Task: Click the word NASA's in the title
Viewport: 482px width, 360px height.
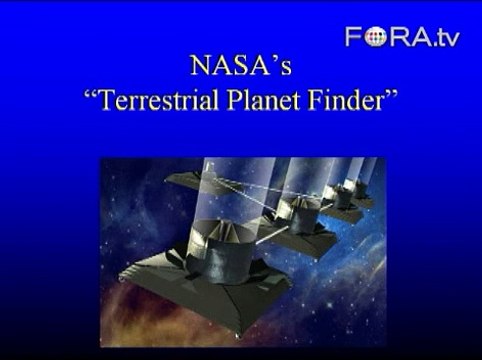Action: pos(240,68)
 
